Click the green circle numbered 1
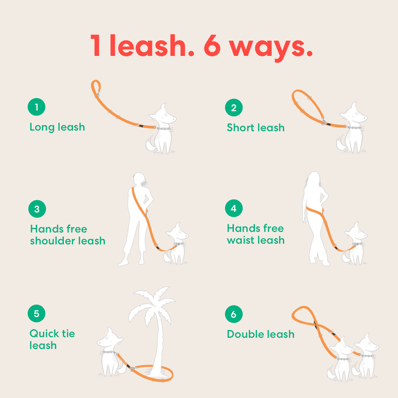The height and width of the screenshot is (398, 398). [x=37, y=107]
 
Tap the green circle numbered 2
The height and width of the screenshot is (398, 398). [x=234, y=108]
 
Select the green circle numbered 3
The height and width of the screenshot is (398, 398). [x=37, y=209]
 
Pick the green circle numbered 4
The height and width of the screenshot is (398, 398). [x=234, y=208]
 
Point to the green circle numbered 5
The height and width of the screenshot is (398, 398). [x=37, y=314]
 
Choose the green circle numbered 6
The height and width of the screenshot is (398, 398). [x=234, y=314]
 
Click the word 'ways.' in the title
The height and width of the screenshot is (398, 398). [x=271, y=48]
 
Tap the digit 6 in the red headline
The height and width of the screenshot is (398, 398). [x=212, y=45]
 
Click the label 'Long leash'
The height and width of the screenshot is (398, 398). [x=57, y=127]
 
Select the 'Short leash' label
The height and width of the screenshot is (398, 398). [x=256, y=127]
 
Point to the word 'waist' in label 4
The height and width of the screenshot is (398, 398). [x=242, y=240]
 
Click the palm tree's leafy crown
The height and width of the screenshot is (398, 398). [x=152, y=305]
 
